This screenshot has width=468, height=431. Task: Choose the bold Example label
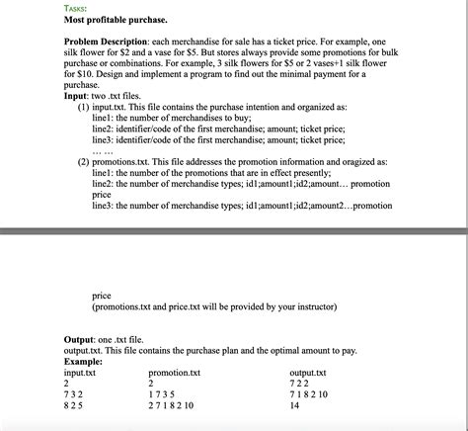pyautogui.click(x=88, y=362)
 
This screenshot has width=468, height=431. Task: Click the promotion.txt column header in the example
pyautogui.click(x=174, y=374)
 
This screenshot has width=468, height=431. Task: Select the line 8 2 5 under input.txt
pyautogui.click(x=74, y=405)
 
